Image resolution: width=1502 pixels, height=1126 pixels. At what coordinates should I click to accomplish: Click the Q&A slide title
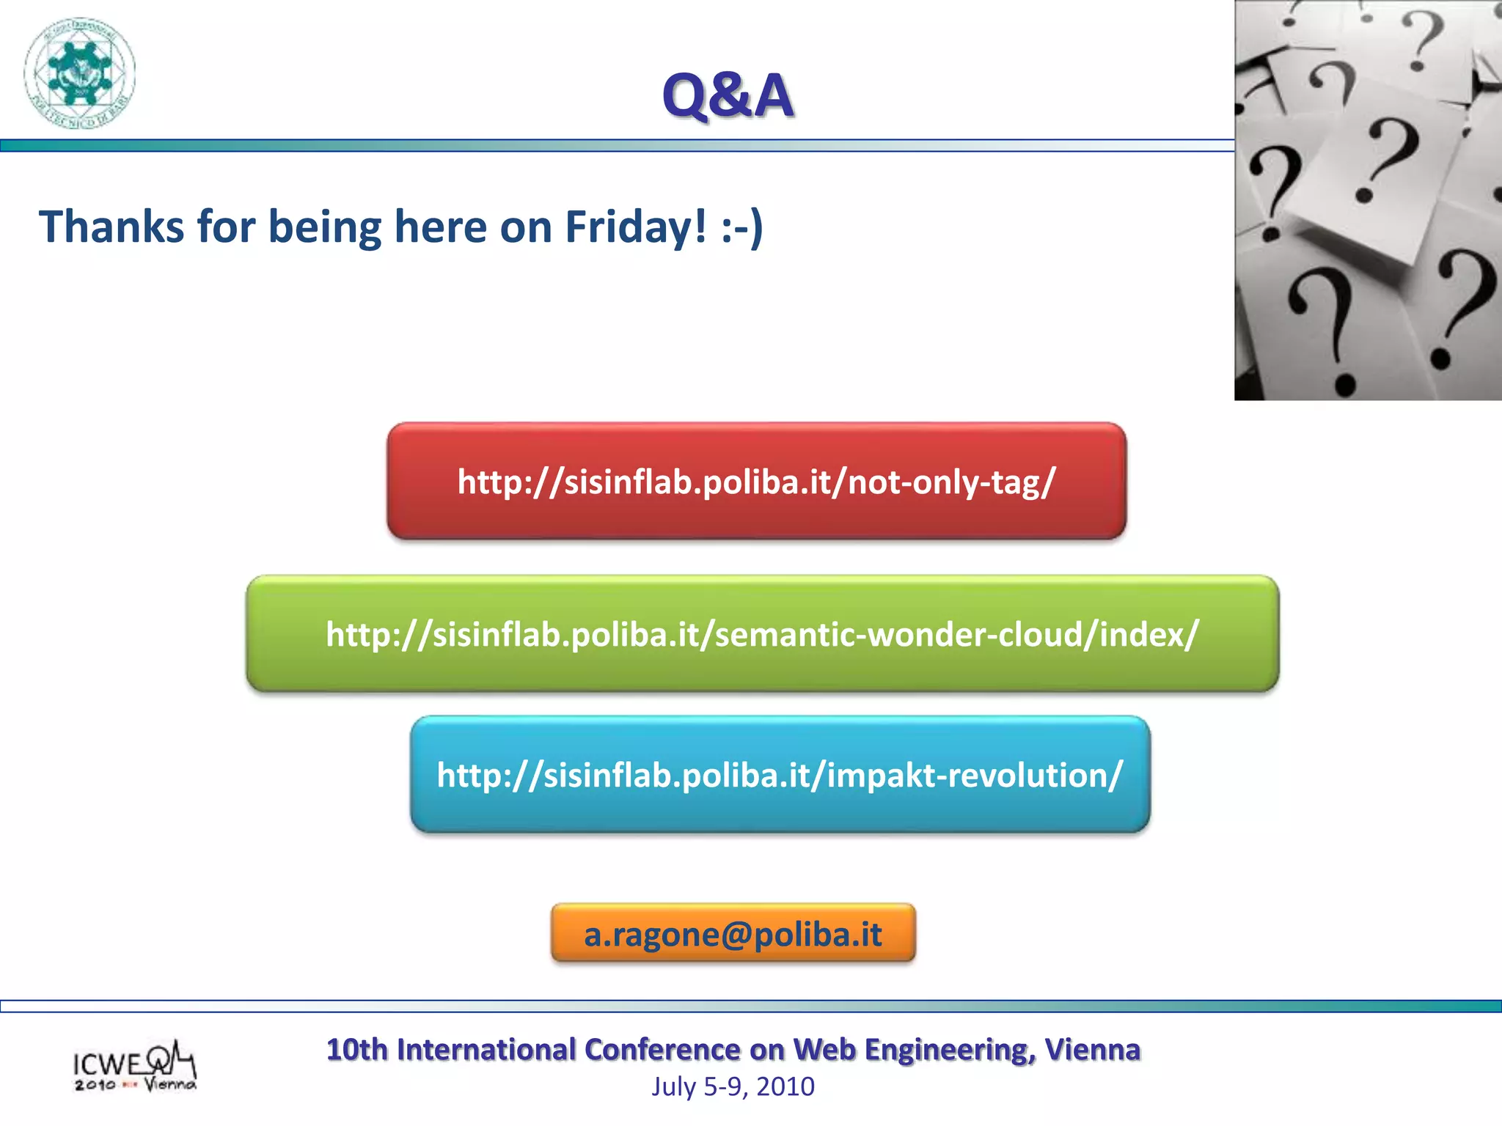pyautogui.click(x=728, y=95)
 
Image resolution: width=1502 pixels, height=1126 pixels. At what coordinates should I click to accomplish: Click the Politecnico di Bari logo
pyautogui.click(x=79, y=73)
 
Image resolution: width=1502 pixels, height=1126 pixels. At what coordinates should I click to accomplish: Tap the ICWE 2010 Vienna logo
pyautogui.click(x=134, y=1067)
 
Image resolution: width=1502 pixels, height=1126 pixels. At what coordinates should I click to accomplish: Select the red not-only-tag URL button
pyautogui.click(x=756, y=482)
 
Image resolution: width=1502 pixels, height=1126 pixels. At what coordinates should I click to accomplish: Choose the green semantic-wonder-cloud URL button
pyautogui.click(x=762, y=634)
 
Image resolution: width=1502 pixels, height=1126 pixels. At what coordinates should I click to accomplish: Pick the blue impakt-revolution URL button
pyautogui.click(x=780, y=775)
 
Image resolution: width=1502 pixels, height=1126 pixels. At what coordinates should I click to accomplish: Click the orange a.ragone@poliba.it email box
pyautogui.click(x=733, y=934)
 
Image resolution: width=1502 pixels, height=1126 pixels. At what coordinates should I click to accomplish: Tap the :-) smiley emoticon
pyautogui.click(x=741, y=227)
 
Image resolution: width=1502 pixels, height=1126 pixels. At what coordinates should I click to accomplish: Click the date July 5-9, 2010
pyautogui.click(x=733, y=1086)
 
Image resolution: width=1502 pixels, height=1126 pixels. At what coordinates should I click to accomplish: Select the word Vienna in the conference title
pyautogui.click(x=1092, y=1050)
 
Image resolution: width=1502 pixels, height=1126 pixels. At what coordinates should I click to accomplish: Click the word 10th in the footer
pyautogui.click(x=356, y=1050)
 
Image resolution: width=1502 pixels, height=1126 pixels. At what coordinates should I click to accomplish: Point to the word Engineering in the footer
pyautogui.click(x=950, y=1050)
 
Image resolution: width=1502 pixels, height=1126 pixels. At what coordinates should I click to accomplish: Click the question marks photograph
pyautogui.click(x=1368, y=199)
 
